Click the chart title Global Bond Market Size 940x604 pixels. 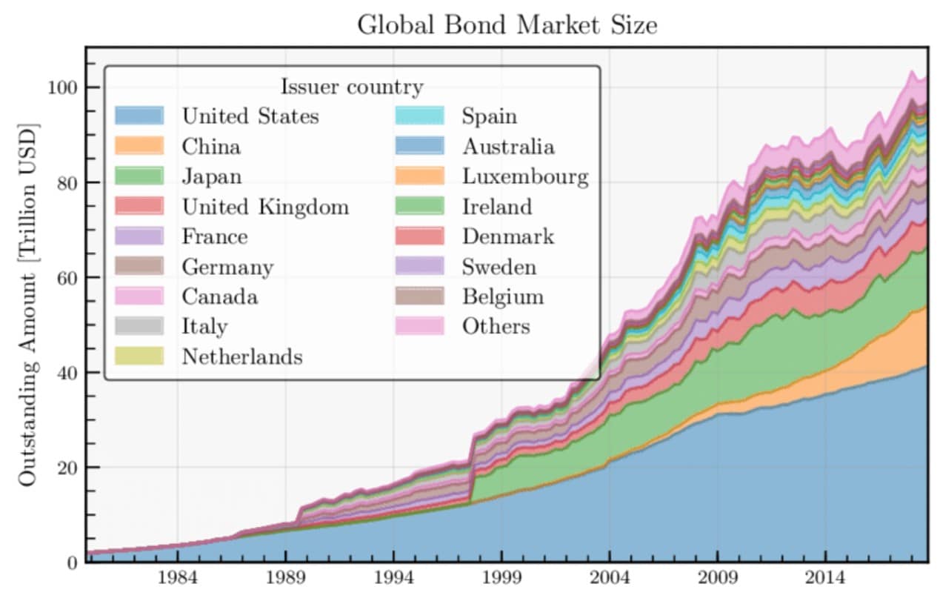507,25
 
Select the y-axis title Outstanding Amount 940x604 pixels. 28,304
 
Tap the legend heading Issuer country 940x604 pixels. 351,87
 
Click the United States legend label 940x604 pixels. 250,116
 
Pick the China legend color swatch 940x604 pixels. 139,146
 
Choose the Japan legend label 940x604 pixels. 212,176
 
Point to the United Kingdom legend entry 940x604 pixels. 265,207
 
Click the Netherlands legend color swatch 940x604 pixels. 139,356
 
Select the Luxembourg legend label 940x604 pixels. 525,176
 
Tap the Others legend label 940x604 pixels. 496,326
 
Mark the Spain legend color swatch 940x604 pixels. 419,116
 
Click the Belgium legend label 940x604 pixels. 503,296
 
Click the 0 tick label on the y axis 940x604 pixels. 71,562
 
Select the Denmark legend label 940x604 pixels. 507,236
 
